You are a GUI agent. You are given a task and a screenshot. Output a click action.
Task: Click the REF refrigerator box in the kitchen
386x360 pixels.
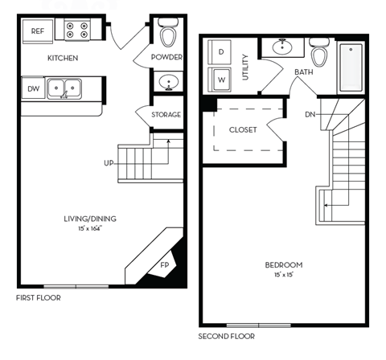37,31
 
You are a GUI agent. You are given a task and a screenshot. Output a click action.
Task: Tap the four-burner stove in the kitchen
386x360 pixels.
77,31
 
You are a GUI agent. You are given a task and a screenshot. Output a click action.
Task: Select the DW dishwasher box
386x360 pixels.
33,88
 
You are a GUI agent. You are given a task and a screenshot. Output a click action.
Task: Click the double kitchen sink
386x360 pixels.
63,88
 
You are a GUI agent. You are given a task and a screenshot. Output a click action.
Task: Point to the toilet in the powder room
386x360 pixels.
168,35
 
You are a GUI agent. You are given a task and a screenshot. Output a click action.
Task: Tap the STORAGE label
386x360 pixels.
166,115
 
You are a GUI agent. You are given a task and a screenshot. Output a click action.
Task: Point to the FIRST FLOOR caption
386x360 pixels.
39,297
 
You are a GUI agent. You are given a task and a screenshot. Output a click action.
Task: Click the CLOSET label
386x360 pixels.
243,130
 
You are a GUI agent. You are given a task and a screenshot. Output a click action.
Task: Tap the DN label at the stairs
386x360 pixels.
310,114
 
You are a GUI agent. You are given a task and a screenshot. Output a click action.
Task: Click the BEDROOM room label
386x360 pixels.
283,264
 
